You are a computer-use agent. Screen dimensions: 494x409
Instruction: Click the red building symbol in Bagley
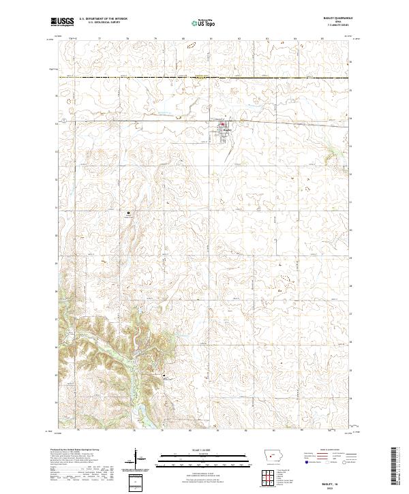pyautogui.click(x=222, y=124)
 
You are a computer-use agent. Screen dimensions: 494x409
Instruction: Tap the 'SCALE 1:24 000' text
pyautogui.click(x=204, y=450)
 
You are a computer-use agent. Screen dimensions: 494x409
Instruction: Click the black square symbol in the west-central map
pyautogui.click(x=128, y=213)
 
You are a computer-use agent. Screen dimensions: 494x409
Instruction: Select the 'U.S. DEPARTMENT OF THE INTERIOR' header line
pyautogui.click(x=103, y=19)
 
